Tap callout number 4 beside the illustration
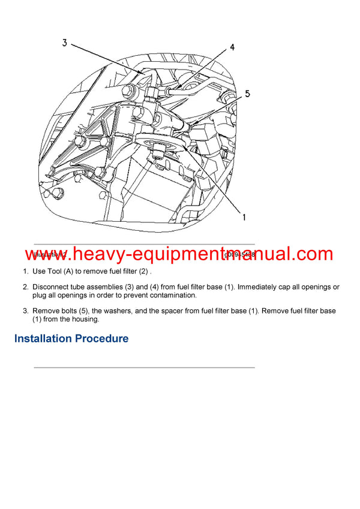(x=232, y=47)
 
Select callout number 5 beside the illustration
(x=247, y=94)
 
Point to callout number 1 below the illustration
(x=244, y=218)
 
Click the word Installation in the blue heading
(x=43, y=339)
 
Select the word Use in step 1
(x=39, y=271)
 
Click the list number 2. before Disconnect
(x=26, y=287)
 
